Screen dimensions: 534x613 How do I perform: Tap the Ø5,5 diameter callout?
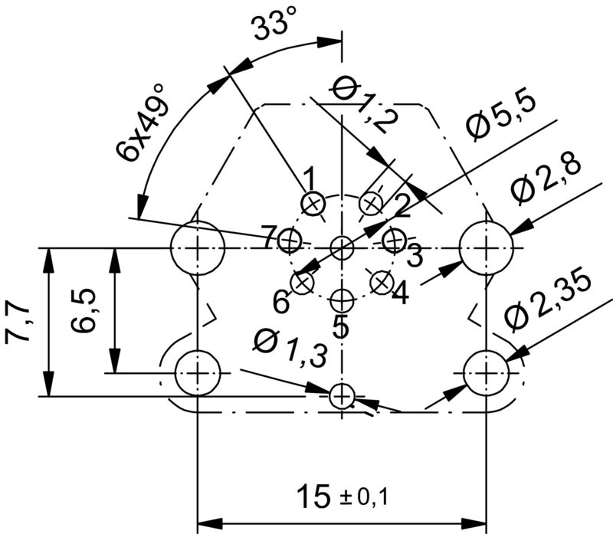tap(503, 116)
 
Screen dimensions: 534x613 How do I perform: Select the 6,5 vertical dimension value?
tap(84, 310)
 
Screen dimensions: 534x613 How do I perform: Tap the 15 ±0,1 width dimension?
tap(342, 496)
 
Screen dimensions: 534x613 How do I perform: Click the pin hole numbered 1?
tap(312, 204)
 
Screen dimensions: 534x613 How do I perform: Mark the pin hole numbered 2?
tap(372, 204)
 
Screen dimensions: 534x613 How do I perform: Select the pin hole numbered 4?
tap(381, 282)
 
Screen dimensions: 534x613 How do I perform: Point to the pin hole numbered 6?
tap(303, 282)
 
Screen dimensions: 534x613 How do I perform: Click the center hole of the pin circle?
tap(342, 247)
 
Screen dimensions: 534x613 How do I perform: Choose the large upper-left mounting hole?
tap(198, 247)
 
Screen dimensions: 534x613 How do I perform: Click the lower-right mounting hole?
tap(486, 372)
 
